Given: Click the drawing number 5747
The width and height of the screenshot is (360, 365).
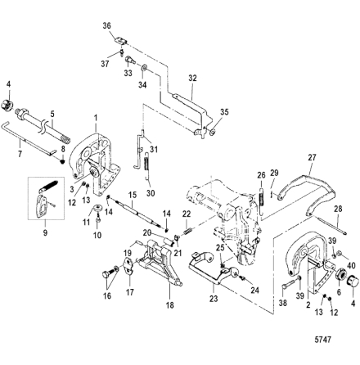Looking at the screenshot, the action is point(323,340).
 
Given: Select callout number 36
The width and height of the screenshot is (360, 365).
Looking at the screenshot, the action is point(107,26).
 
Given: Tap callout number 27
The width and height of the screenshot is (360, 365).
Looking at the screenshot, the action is point(312,157).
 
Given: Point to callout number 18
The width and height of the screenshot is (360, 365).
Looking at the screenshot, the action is point(169,305).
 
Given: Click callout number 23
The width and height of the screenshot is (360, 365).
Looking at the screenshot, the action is point(214,299).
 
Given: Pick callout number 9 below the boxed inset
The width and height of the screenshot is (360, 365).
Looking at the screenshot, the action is point(45,232).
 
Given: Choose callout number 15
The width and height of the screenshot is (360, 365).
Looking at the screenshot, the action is point(133,195).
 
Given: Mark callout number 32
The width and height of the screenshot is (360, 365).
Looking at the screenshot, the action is point(192,78).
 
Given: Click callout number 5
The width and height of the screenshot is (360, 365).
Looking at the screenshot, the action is point(52,113).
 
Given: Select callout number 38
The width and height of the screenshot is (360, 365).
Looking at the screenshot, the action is point(283,303).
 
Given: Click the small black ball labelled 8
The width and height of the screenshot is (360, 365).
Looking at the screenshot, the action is point(62,161).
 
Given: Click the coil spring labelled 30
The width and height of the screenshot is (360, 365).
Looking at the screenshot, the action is point(147,167).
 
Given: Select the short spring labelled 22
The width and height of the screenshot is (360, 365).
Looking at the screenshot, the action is point(187,232).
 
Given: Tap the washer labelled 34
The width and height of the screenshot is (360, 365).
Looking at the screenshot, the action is point(144,67).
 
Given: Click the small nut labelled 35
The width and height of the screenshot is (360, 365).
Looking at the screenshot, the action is point(214,133).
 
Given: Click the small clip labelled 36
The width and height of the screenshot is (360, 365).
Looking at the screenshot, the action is point(120,40).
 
